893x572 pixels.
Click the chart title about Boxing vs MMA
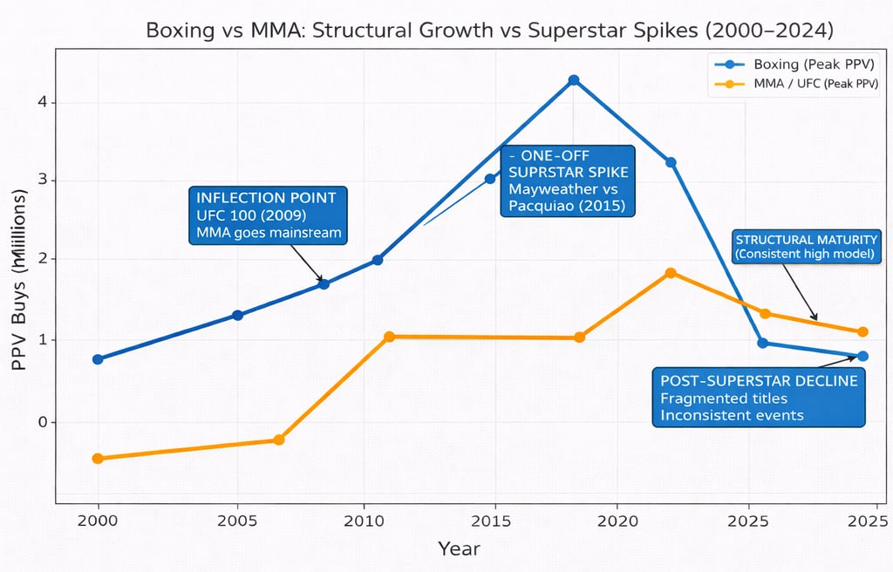[489, 30]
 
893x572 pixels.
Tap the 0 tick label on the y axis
[41, 422]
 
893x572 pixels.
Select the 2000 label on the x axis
[98, 521]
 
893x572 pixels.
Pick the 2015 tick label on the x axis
[495, 521]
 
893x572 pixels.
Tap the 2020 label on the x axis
[617, 521]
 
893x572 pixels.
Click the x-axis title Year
[458, 548]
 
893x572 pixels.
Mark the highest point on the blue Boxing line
[573, 80]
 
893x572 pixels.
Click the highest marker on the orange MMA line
[671, 273]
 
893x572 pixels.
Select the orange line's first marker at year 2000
[98, 458]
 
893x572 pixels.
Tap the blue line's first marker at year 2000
[98, 359]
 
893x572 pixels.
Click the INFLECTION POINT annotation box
[269, 214]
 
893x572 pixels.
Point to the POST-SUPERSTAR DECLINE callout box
[759, 398]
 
